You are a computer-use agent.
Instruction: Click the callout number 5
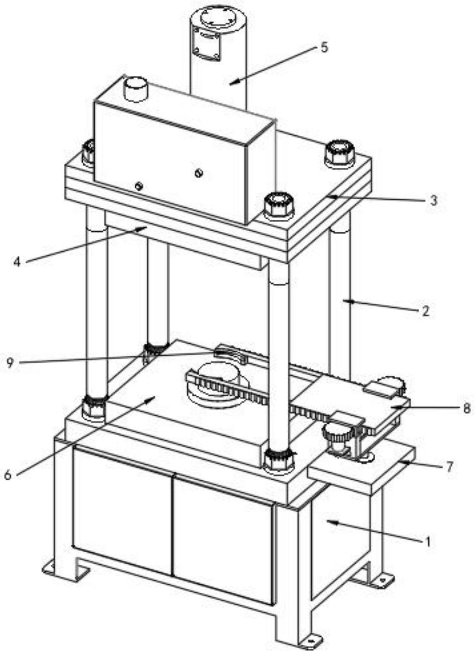[325, 47]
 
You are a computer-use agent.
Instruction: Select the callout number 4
[17, 261]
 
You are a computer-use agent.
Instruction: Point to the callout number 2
[425, 311]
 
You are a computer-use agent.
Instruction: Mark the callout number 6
[8, 474]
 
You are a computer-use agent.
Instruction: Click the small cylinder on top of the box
[136, 89]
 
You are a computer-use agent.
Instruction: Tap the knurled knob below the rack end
[337, 437]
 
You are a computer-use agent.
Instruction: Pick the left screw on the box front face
[138, 186]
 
